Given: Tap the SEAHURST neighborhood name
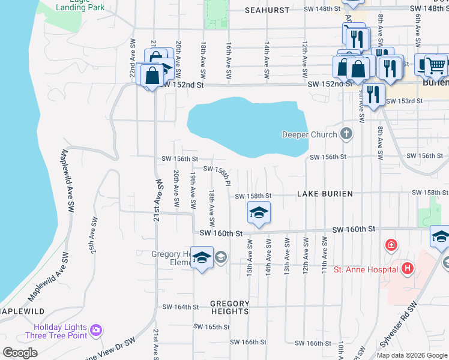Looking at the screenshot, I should tap(268, 10).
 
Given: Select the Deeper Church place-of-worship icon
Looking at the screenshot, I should tap(346, 133).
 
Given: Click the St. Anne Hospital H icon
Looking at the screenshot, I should tap(408, 268).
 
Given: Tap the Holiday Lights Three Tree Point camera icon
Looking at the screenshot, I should tap(96, 330).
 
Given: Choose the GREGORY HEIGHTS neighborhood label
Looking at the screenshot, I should tap(230, 307).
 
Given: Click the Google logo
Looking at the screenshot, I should tap(19, 353).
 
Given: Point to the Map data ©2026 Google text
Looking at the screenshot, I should tap(411, 355).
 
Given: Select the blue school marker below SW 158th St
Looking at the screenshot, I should tap(259, 213).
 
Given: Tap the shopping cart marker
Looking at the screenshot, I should tap(436, 65).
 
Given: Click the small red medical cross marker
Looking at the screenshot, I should tap(391, 245).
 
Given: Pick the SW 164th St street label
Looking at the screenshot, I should tap(180, 307).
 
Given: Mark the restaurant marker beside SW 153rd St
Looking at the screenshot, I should tap(373, 94).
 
